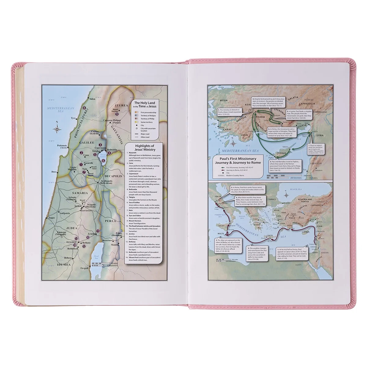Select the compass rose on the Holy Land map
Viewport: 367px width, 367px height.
(x=57, y=128)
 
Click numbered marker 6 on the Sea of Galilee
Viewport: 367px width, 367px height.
(x=103, y=160)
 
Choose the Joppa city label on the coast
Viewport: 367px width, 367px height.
(x=52, y=219)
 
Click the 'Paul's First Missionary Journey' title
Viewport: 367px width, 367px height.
(x=239, y=161)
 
